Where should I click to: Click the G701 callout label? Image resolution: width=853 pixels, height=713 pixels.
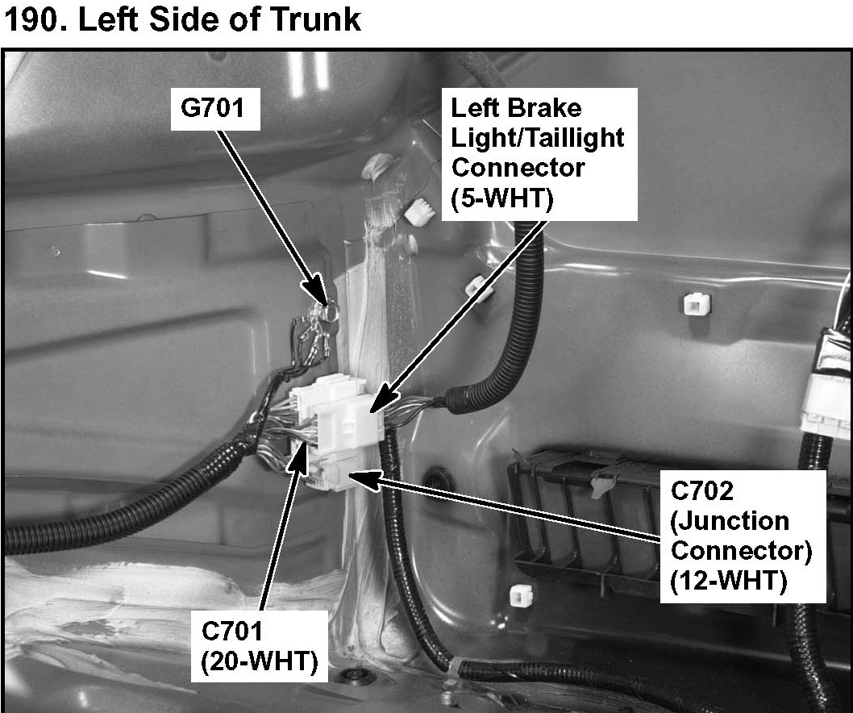pyautogui.click(x=216, y=108)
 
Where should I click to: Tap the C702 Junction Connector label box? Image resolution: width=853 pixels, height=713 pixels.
pyautogui.click(x=741, y=535)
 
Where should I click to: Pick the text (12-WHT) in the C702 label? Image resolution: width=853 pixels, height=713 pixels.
pyautogui.click(x=729, y=581)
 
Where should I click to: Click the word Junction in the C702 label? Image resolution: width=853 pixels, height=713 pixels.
pyautogui.click(x=730, y=521)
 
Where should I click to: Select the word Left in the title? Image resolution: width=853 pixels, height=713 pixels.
pyautogui.click(x=134, y=19)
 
